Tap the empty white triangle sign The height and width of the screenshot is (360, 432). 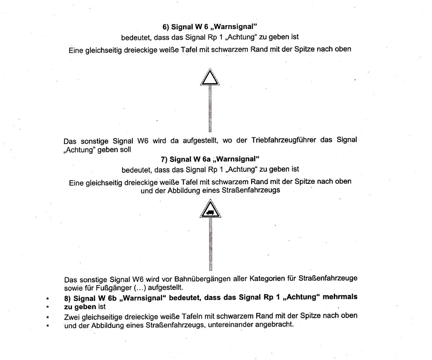210,78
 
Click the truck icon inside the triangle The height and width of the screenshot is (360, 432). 210,212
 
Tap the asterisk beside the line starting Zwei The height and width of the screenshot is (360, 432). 47,317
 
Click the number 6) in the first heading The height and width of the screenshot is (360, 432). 166,27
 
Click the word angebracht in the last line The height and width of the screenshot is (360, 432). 275,325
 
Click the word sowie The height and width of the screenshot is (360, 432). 73,288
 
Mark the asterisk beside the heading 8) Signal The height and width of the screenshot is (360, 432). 47,299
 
